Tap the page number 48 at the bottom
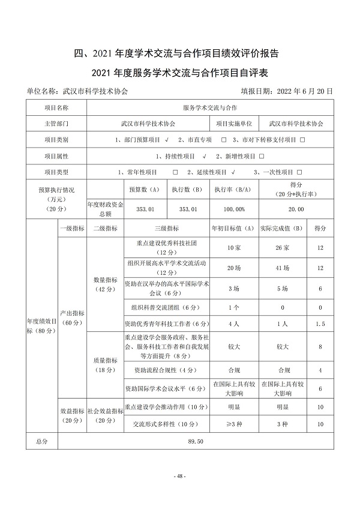tap(180, 476)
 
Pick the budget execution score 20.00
tap(296, 209)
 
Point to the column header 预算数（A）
tap(144, 189)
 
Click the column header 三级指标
tap(166, 228)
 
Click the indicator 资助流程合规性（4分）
tap(166, 370)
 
